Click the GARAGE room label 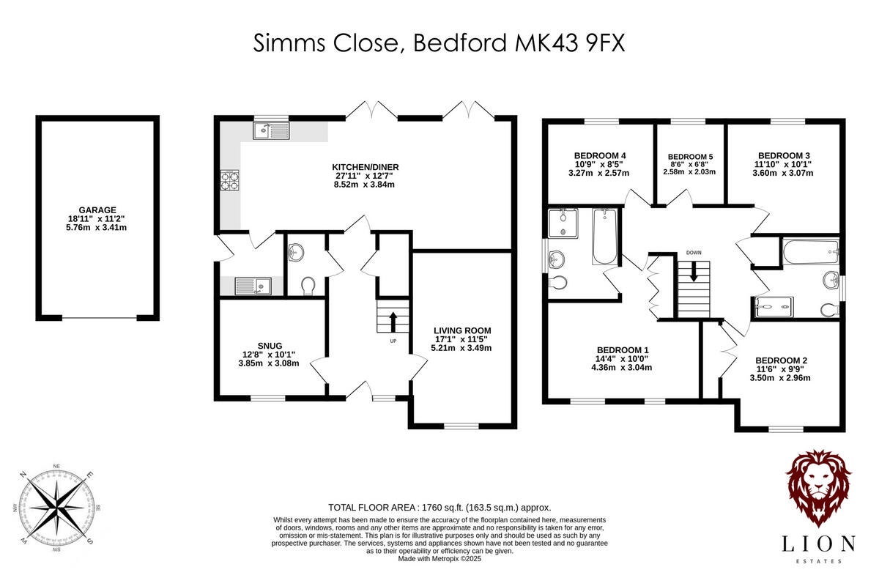click(98, 210)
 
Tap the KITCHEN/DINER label click(365, 167)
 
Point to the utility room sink click(252, 286)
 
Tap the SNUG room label click(270, 346)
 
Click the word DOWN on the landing click(694, 253)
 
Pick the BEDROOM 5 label click(690, 157)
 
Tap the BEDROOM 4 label click(600, 155)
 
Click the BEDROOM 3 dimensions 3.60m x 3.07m click(783, 174)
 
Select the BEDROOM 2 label click(781, 360)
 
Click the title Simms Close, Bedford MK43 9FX click(439, 43)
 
